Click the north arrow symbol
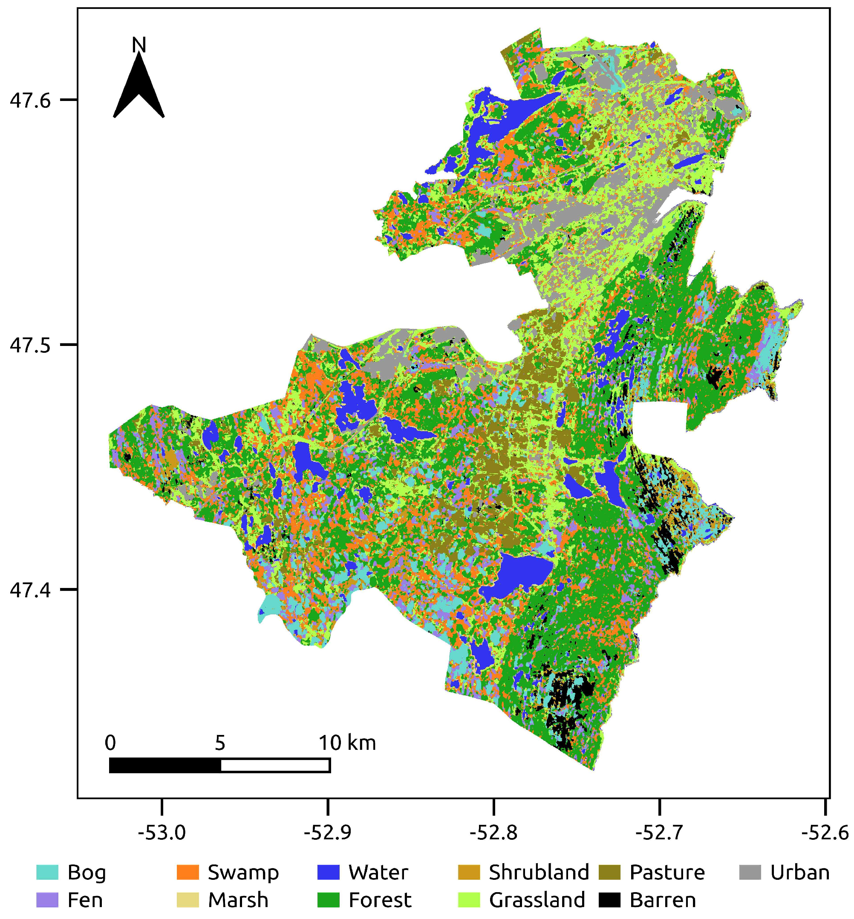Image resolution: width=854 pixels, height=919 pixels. pos(138,88)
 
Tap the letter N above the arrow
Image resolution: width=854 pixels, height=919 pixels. pos(138,45)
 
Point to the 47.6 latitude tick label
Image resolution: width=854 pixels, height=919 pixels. pos(30,100)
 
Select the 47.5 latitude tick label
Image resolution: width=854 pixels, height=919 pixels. pos(30,345)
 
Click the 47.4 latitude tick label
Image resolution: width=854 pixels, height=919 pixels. pos(30,590)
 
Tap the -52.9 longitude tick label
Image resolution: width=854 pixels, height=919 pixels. pos(328,832)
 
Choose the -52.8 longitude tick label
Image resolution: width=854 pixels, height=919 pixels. pos(493,832)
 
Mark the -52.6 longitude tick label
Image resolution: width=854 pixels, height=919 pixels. pos(825,832)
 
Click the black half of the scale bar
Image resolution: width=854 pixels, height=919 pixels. pos(165,766)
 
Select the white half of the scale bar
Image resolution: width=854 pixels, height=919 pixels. pos(275,766)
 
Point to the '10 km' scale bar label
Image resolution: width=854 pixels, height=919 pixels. pos(347,743)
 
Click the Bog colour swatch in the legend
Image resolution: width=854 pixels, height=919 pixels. pos(48,872)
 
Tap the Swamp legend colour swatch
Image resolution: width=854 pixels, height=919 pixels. pos(188,872)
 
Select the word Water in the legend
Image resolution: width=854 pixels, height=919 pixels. pos(378,872)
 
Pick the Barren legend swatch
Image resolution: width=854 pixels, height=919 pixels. pos(609,900)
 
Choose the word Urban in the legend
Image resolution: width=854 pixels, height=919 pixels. pos(800,872)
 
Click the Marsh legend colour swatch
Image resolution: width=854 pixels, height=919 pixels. pos(188,900)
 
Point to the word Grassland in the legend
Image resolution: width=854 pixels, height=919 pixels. pos(537,900)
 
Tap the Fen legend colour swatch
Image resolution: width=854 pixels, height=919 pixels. pos(48,900)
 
